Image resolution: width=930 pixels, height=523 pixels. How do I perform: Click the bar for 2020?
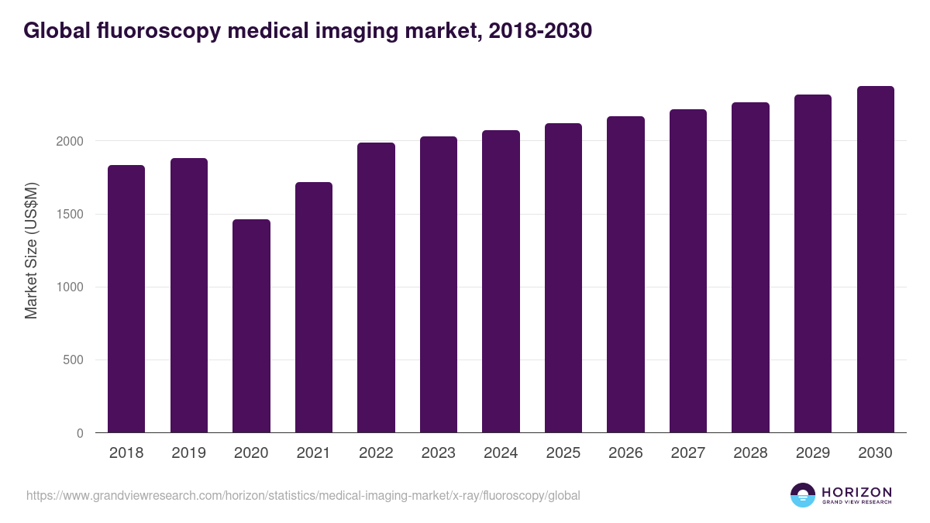click(x=251, y=325)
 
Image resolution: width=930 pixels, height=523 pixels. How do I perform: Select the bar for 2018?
click(x=126, y=298)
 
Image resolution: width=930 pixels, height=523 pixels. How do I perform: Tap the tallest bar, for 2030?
click(x=875, y=260)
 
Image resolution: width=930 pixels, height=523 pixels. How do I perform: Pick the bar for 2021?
click(x=313, y=307)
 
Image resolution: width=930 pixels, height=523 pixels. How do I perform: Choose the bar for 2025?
click(x=563, y=277)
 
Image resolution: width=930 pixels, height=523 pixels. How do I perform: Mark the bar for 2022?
click(x=376, y=287)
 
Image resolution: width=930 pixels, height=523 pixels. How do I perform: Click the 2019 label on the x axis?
click(x=188, y=453)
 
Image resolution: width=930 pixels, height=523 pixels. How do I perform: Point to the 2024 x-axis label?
click(x=501, y=453)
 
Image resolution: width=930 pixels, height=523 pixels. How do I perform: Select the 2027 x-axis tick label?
click(x=687, y=453)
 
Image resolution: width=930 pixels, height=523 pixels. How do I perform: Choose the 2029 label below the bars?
click(x=812, y=453)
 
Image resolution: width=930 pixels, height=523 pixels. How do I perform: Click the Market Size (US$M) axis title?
click(x=31, y=249)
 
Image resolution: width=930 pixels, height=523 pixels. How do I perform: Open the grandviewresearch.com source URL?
click(x=303, y=495)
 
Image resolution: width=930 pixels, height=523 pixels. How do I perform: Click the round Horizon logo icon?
click(x=803, y=495)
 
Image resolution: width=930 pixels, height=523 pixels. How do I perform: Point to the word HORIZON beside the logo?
click(x=856, y=491)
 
